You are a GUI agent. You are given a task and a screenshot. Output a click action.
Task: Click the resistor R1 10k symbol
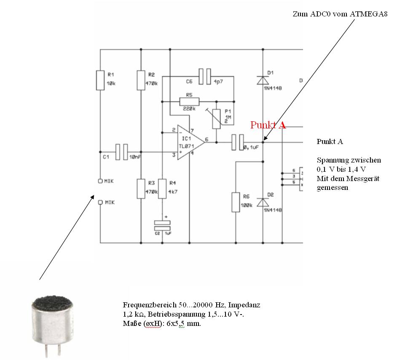(x=100, y=80)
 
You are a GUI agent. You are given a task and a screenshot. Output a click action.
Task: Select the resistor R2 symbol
(x=141, y=80)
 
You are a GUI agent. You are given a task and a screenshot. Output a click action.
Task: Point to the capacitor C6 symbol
(x=204, y=76)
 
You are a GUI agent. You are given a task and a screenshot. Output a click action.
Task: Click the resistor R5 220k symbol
(x=189, y=101)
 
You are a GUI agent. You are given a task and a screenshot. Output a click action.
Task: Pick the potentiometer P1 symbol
(x=216, y=117)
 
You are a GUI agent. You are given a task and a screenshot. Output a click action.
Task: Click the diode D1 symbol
(x=263, y=80)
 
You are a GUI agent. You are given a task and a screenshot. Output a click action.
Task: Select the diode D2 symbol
(x=263, y=202)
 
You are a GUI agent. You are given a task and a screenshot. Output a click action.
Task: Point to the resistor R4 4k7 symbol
(x=161, y=189)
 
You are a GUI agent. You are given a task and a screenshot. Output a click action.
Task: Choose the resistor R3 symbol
(x=141, y=189)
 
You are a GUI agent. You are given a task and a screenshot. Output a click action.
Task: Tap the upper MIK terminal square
(x=100, y=181)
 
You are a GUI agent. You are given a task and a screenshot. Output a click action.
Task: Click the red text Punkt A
(x=268, y=125)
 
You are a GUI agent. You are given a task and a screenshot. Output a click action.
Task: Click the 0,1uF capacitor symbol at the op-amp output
(x=238, y=142)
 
